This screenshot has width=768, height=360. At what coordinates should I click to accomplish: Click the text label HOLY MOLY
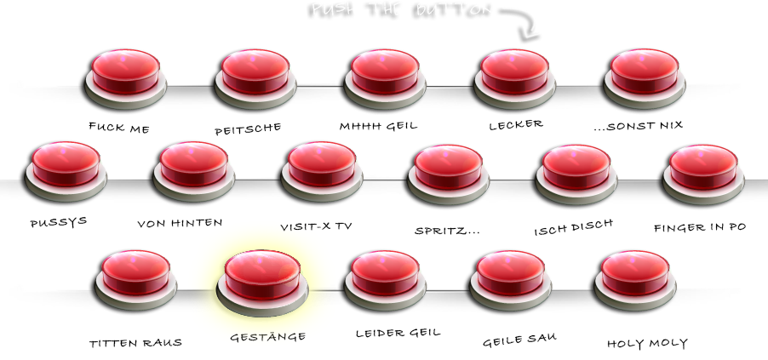point(647,344)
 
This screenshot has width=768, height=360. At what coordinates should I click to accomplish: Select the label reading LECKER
point(516,124)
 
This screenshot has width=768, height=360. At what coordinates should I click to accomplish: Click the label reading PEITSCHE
point(248,129)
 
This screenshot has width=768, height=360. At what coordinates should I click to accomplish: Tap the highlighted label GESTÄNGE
point(267,337)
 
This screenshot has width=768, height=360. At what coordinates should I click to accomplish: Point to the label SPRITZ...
point(446,231)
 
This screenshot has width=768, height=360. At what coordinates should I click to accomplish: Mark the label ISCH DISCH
point(573,229)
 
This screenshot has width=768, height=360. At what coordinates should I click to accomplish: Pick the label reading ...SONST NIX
point(639,125)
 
